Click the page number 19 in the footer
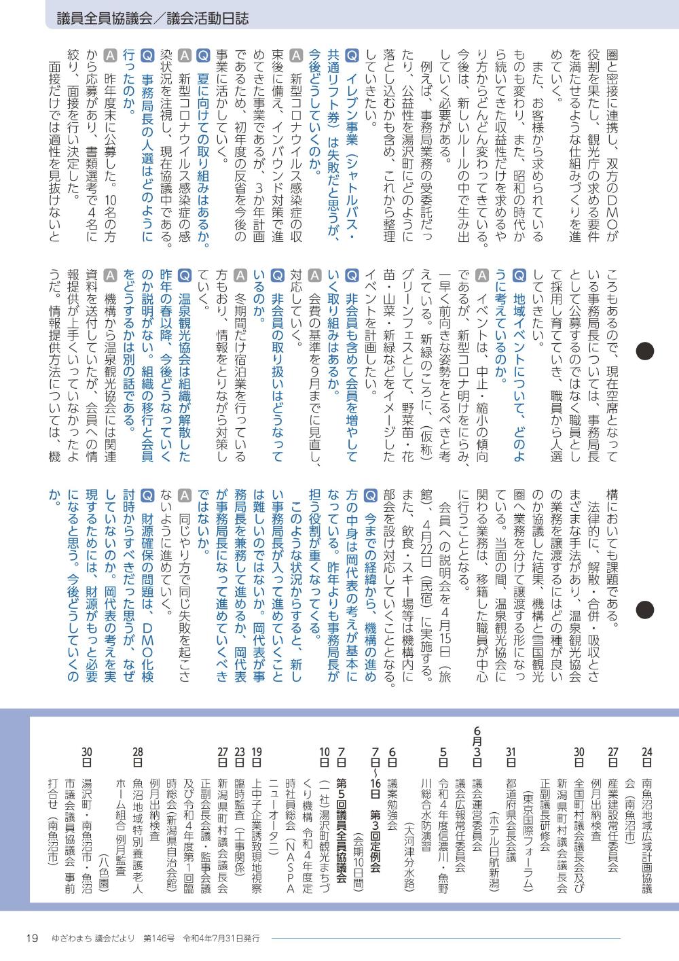31,938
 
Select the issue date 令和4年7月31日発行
221,938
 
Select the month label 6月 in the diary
477,736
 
